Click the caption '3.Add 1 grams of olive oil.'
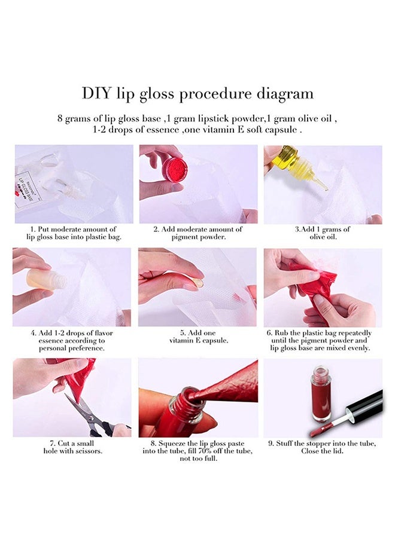323,233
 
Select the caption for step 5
197,337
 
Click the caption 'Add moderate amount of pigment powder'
197,233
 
